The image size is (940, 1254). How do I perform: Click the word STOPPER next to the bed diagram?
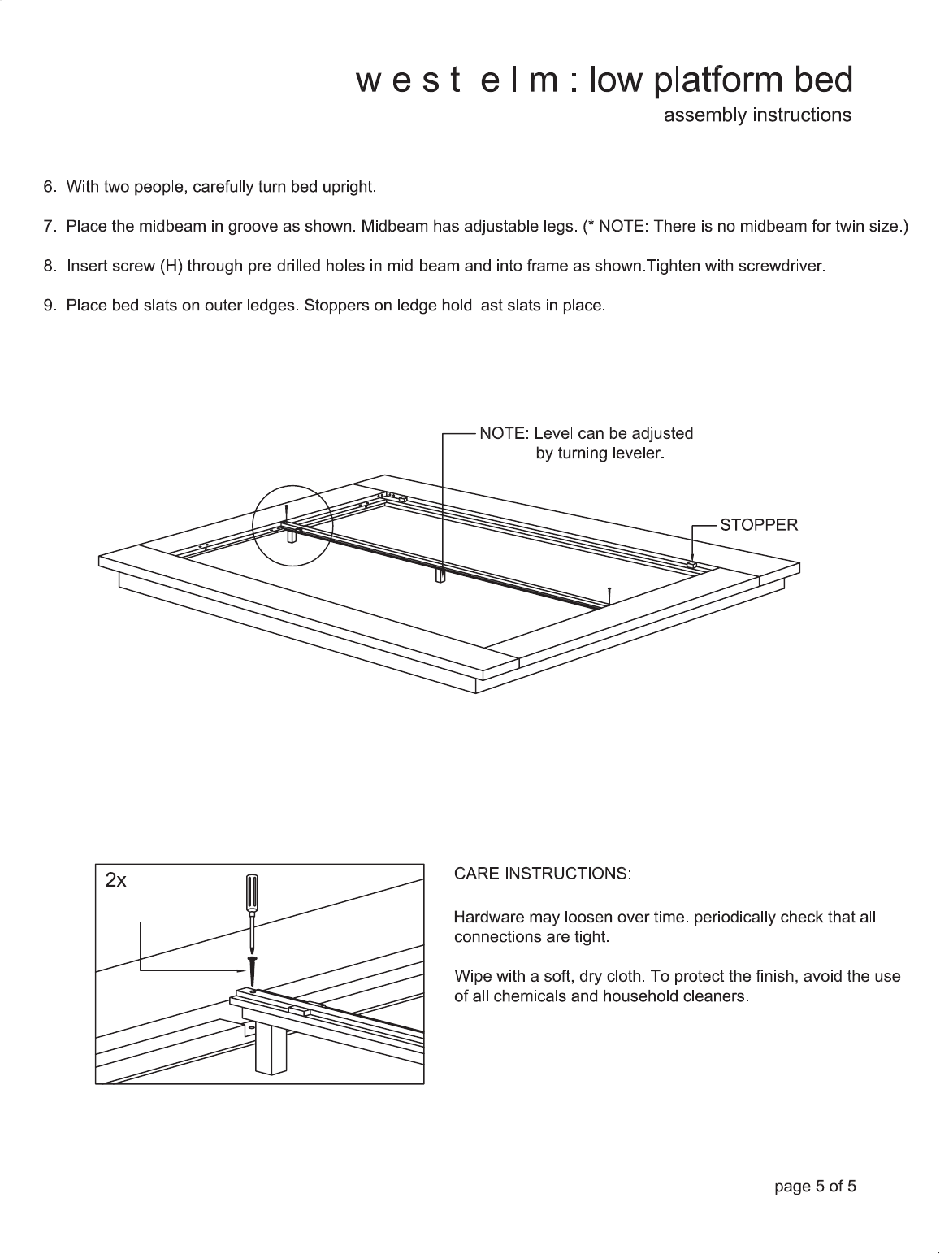pos(753,524)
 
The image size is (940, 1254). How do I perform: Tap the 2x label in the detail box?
pos(116,880)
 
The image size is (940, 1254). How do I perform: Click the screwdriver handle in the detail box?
pos(252,893)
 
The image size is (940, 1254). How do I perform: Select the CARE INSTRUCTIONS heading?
pos(542,874)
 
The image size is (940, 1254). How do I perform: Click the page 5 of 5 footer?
pos(815,1187)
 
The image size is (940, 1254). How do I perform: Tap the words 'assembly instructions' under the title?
pos(757,115)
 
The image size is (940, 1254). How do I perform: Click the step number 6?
pos(49,187)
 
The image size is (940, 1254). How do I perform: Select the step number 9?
pos(49,306)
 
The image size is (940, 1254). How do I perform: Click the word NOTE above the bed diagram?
pos(501,433)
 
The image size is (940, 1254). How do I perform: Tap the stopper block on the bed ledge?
pos(691,563)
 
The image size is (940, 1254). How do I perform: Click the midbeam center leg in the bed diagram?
pos(441,575)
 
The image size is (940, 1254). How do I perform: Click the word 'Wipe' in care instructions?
pos(472,976)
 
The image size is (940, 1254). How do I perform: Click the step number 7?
pos(49,227)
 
